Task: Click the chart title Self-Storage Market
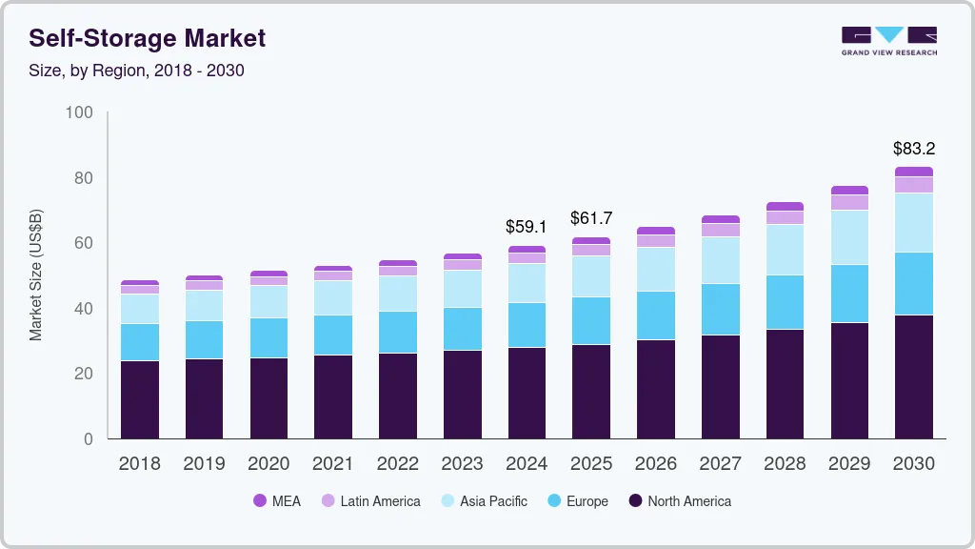tap(148, 38)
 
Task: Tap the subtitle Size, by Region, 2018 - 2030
tap(137, 71)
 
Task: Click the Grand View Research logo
tap(888, 40)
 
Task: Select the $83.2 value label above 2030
tap(913, 149)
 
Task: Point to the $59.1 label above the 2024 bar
tap(526, 227)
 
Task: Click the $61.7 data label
tap(590, 218)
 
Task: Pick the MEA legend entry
tap(277, 501)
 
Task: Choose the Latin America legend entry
tap(370, 501)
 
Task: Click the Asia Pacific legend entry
tap(483, 501)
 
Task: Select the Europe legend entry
tap(577, 501)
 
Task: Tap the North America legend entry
tap(679, 501)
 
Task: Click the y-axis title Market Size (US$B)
tap(36, 274)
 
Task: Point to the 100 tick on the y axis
tap(80, 112)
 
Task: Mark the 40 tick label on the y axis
tap(83, 309)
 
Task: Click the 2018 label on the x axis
tap(139, 464)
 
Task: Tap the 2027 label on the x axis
tap(720, 464)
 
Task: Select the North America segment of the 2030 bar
tap(913, 376)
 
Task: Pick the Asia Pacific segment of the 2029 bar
tap(849, 237)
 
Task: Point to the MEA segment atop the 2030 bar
tap(913, 172)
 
